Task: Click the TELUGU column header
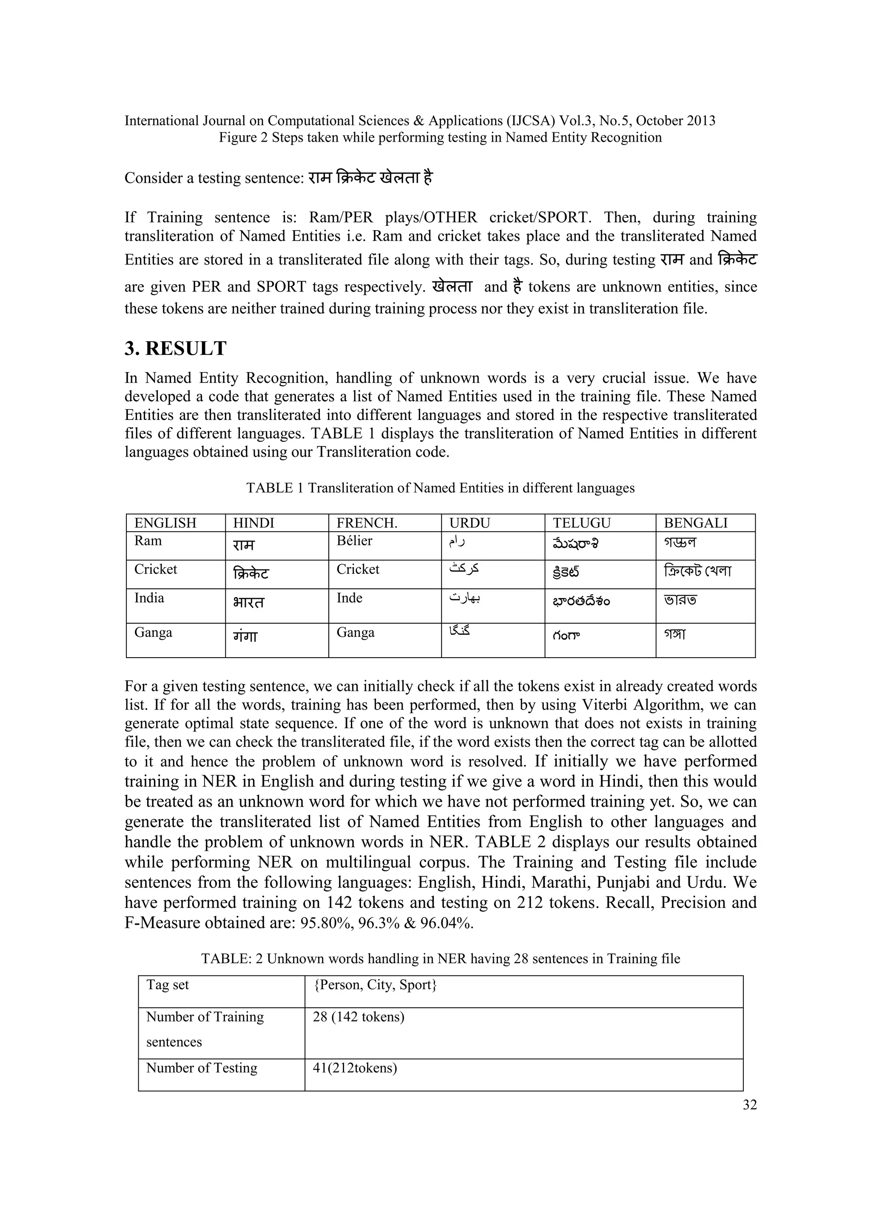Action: pos(581,523)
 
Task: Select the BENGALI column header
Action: pos(696,523)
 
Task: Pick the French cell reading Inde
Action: pos(349,598)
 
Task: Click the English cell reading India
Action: pos(149,598)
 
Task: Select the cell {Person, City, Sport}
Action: pos(375,985)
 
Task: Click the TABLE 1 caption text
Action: pos(440,488)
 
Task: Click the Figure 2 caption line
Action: pos(440,138)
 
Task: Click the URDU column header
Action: pos(469,523)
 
